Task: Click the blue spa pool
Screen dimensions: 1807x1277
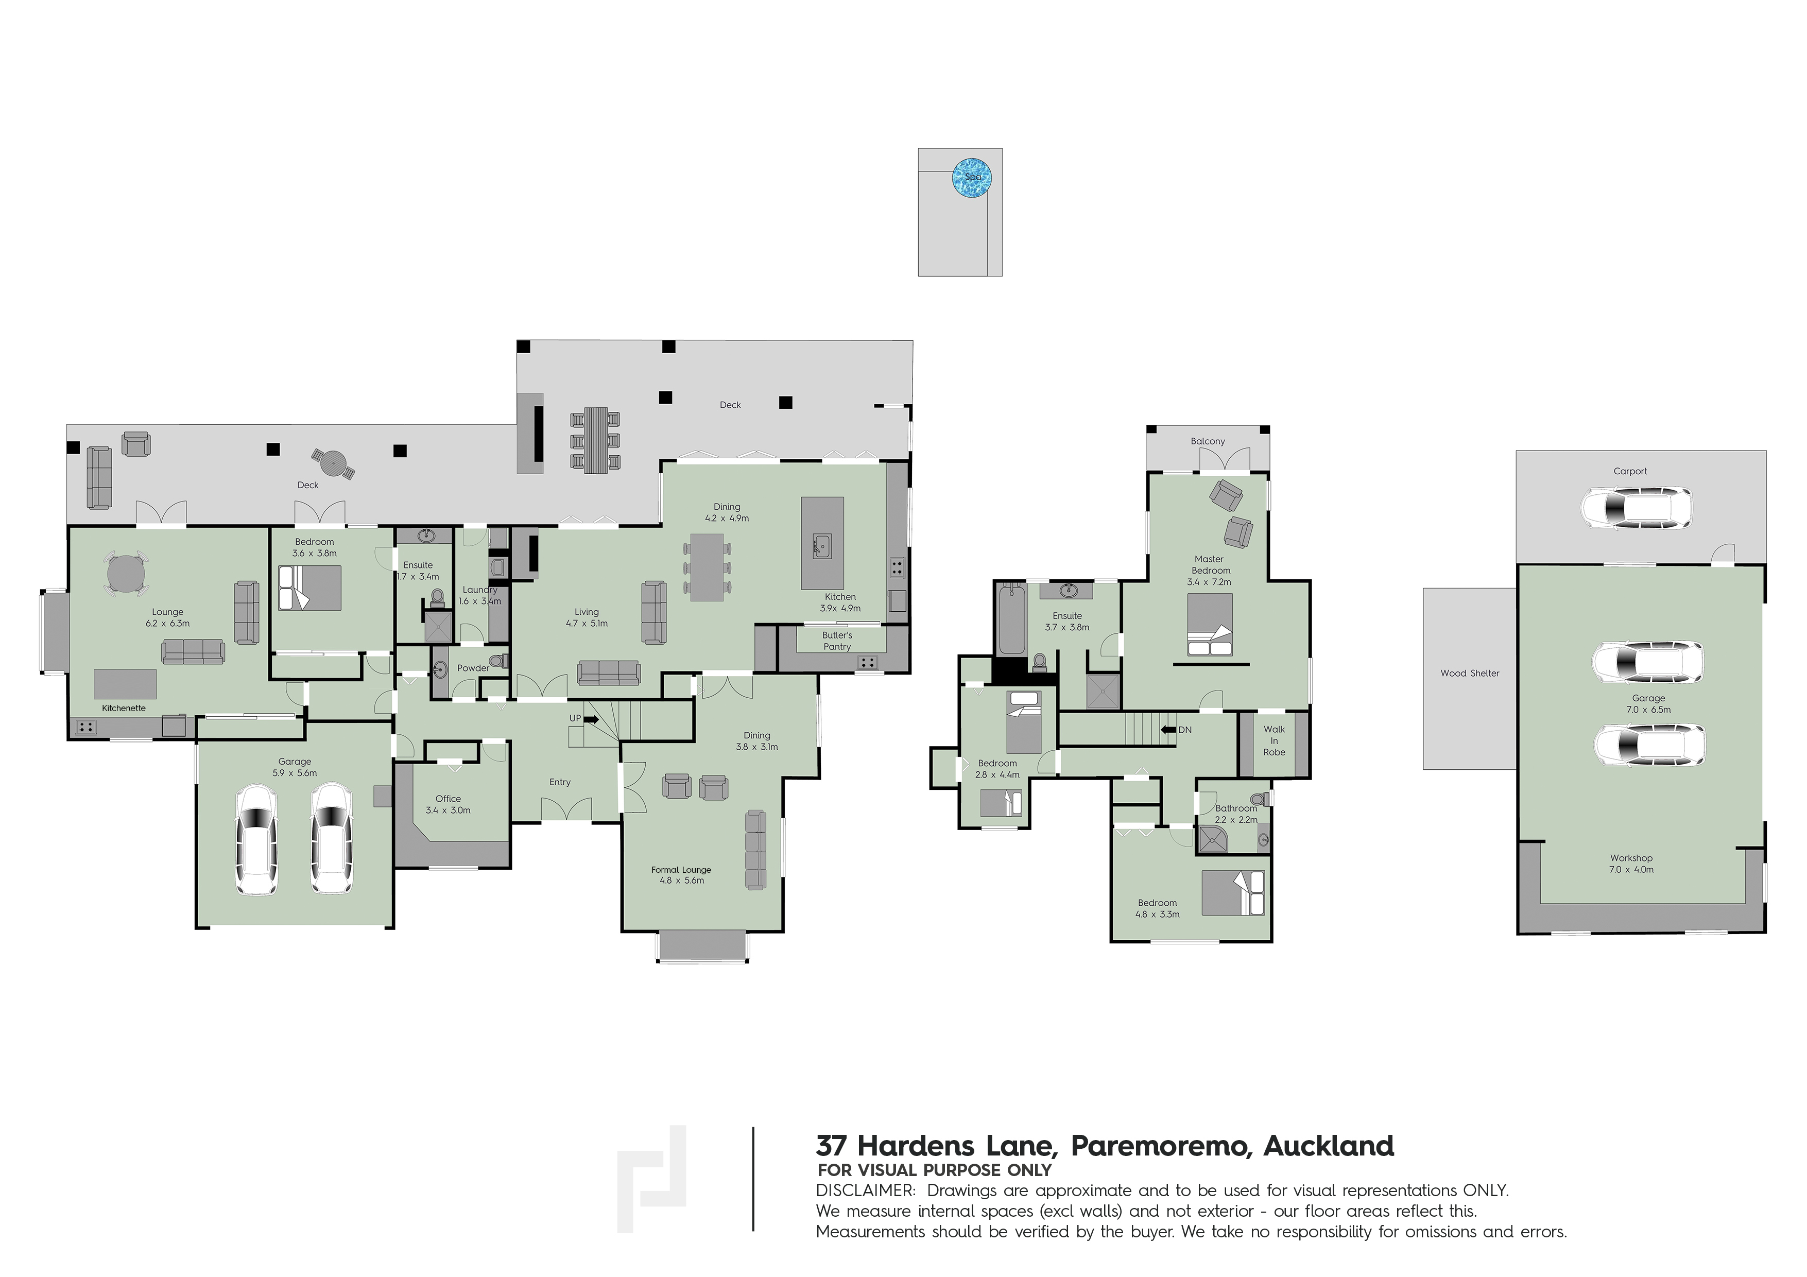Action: click(x=971, y=178)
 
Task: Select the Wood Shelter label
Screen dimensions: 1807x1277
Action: click(x=1469, y=672)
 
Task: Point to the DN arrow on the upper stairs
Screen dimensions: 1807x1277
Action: click(x=1168, y=729)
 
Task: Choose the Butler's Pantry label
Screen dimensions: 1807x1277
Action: click(x=837, y=641)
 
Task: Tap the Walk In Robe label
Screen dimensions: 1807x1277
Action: click(x=1274, y=740)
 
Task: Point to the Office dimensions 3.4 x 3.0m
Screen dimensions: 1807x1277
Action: click(x=448, y=809)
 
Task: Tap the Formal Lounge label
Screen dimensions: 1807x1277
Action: click(x=681, y=869)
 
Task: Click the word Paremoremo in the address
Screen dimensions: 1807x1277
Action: click(x=1161, y=1146)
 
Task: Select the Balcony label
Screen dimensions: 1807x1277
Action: click(x=1207, y=441)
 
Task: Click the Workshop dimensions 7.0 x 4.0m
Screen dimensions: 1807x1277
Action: click(x=1631, y=869)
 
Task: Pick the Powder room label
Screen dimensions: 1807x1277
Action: click(x=473, y=667)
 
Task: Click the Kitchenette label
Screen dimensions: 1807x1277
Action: click(x=124, y=708)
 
